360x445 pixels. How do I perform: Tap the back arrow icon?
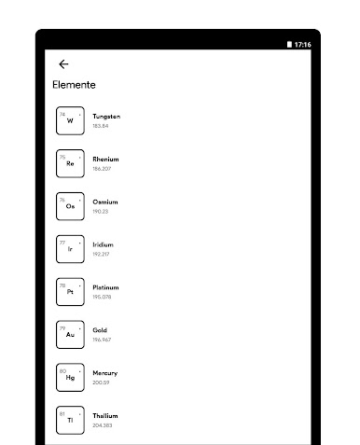[x=63, y=64]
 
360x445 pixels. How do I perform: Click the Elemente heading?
[x=74, y=85]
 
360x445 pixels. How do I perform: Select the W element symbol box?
[x=70, y=120]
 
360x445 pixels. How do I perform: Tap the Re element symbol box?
[x=70, y=163]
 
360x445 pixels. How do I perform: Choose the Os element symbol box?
[x=70, y=206]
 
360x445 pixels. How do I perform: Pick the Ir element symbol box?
[x=70, y=249]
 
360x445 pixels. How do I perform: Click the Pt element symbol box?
[x=70, y=291]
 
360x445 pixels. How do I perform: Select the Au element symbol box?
[x=70, y=334]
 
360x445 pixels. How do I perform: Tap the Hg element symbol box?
[x=70, y=377]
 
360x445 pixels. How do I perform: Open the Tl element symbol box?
[x=70, y=420]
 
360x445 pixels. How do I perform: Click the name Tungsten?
[x=106, y=117]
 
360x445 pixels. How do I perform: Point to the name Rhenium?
[x=105, y=160]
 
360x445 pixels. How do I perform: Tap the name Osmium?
[x=104, y=202]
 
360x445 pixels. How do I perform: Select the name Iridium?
[x=103, y=244]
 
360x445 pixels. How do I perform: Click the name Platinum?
[x=105, y=287]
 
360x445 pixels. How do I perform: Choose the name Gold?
[x=100, y=330]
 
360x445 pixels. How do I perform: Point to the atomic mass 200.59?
[x=101, y=382]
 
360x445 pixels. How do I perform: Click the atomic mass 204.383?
[x=102, y=425]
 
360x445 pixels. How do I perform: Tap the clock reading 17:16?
[x=303, y=45]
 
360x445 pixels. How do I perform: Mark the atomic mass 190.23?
[x=100, y=212]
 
